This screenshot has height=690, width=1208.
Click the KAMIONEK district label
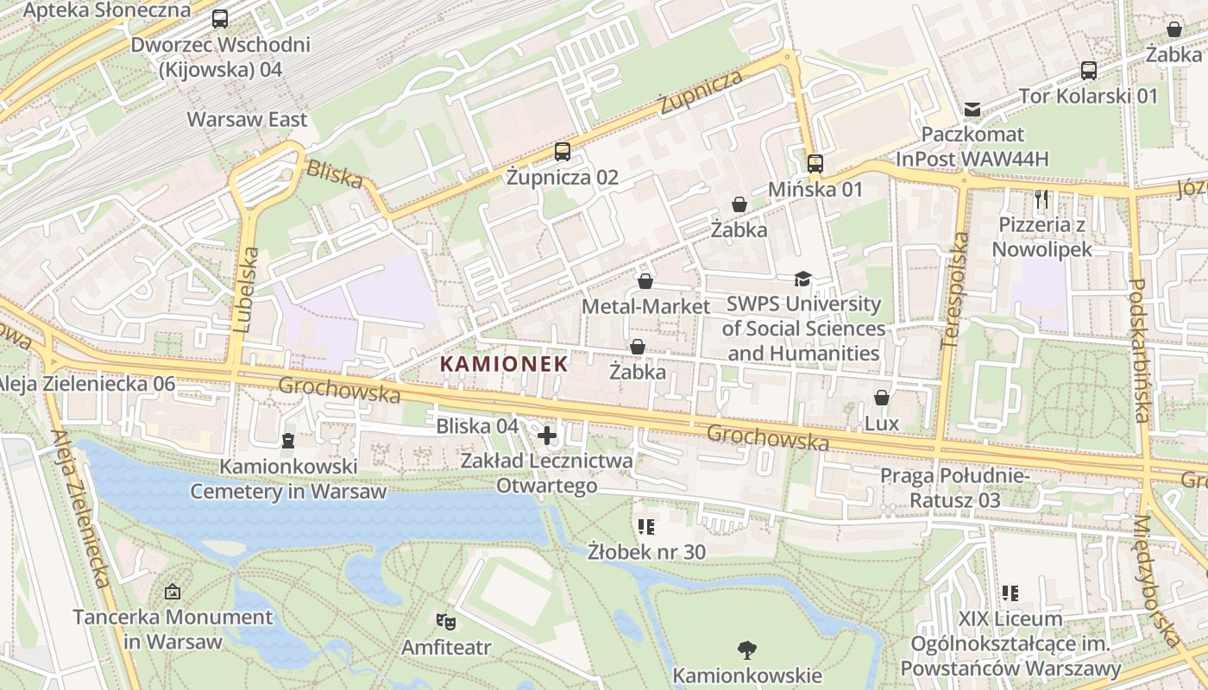[505, 364]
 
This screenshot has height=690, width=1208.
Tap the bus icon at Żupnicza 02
[563, 152]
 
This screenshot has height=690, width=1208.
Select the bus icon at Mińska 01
[815, 163]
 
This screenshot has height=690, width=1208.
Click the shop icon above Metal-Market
[645, 281]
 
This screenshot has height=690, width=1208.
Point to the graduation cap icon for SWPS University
[802, 279]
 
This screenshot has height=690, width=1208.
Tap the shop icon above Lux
[881, 398]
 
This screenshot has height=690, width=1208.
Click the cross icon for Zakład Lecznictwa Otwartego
[547, 436]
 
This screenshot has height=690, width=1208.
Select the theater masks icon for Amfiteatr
[445, 620]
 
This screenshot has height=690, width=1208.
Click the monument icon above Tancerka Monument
[173, 592]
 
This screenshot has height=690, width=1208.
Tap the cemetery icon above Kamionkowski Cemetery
[287, 441]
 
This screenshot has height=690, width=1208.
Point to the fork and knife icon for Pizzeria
[1041, 199]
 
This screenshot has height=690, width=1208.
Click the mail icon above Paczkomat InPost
[972, 110]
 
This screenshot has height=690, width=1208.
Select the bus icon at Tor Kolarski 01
[1089, 71]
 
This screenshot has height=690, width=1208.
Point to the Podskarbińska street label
[1139, 350]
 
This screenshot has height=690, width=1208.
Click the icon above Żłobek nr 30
[646, 526]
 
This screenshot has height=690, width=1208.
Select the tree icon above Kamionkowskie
[747, 649]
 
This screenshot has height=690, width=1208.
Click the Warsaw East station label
[248, 119]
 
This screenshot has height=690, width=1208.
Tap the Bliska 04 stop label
[477, 426]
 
